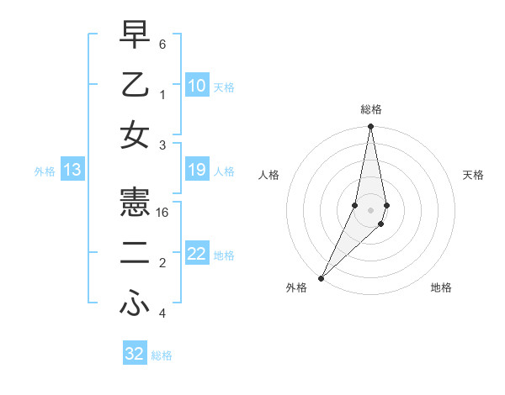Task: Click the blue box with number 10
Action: (x=196, y=86)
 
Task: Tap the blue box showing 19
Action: (x=196, y=171)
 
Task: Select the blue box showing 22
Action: (x=196, y=255)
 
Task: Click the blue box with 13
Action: (x=72, y=171)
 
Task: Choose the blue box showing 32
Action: (x=135, y=354)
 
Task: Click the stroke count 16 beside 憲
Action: (x=162, y=213)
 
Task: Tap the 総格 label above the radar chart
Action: (x=370, y=109)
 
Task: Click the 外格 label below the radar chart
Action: (x=296, y=287)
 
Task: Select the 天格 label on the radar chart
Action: (x=473, y=175)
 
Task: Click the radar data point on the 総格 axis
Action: (x=370, y=127)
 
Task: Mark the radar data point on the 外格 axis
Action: (x=322, y=277)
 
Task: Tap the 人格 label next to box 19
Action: (x=224, y=171)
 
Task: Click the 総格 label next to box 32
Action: (x=162, y=355)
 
